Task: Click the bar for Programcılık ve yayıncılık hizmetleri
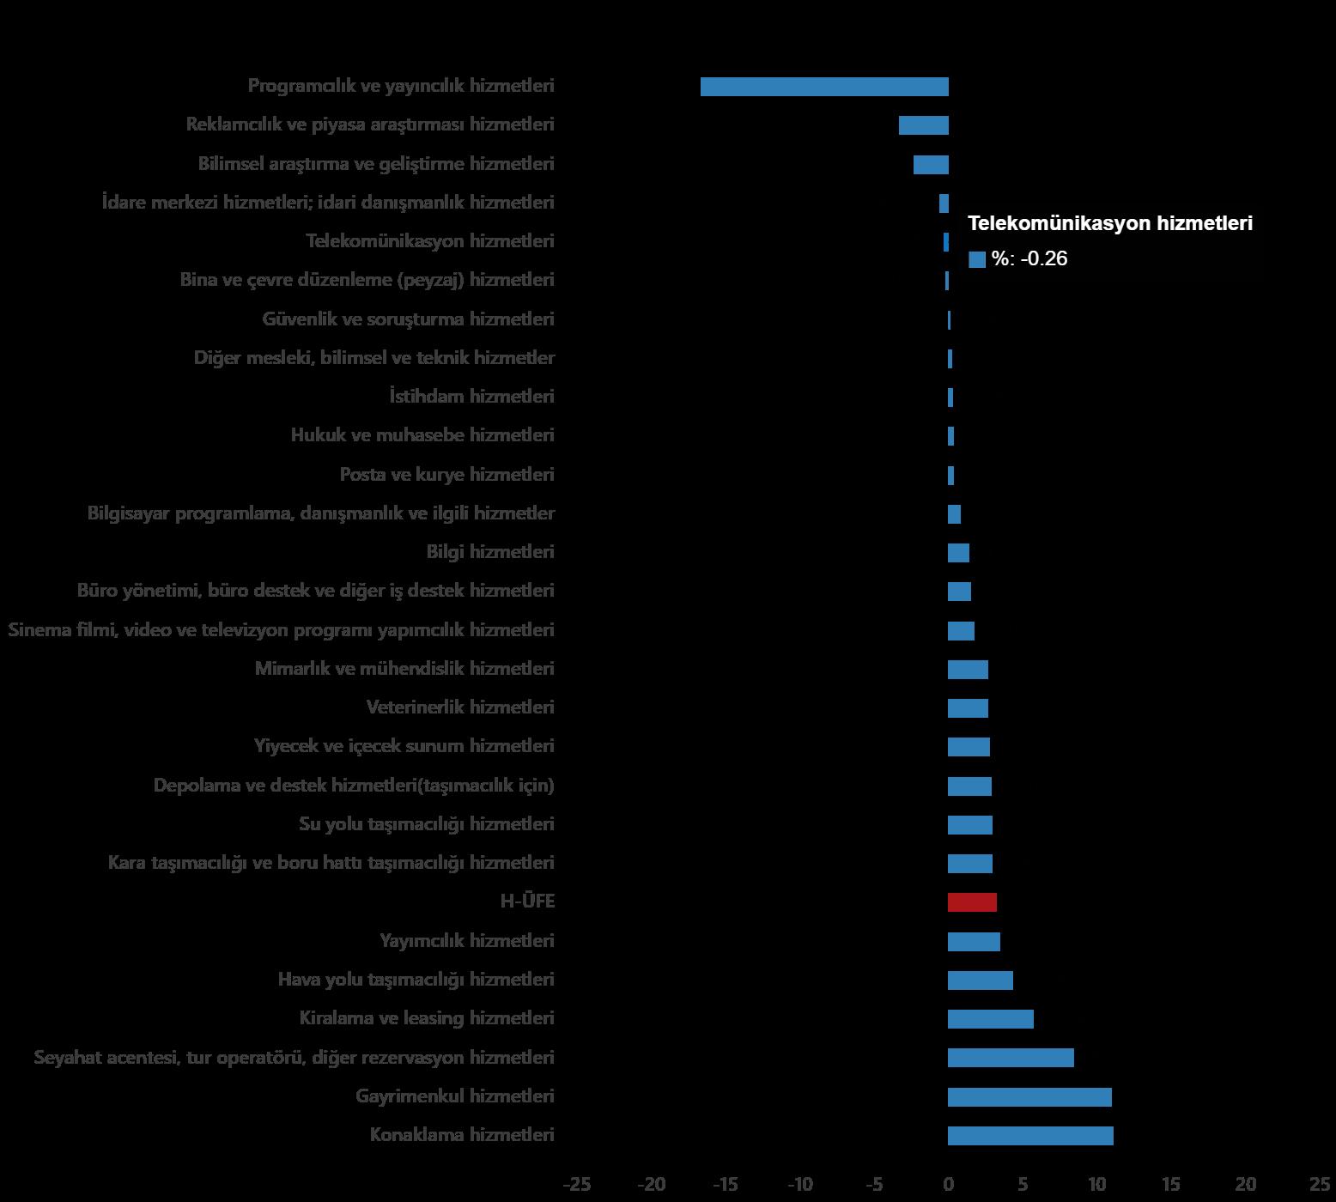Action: (824, 87)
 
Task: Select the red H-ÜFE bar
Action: (972, 902)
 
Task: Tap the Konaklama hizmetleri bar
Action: (1030, 1136)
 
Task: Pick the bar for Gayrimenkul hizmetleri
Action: (1029, 1097)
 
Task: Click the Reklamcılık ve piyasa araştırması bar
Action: (924, 125)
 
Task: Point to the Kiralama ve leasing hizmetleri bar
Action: (991, 1019)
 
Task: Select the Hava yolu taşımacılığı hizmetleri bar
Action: (981, 980)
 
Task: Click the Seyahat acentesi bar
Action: (1011, 1058)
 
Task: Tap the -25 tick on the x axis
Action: (577, 1185)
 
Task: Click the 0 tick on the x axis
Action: (949, 1185)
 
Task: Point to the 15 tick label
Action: (1171, 1185)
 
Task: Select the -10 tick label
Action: (799, 1185)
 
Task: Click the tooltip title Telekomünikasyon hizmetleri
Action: (1109, 223)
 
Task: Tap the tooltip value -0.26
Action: (1043, 258)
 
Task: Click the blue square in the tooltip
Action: (976, 259)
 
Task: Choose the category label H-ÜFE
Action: (527, 901)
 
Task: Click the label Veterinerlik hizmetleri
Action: (460, 707)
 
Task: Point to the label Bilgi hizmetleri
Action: (490, 552)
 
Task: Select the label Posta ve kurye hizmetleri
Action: (446, 475)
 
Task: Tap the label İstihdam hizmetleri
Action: (471, 397)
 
